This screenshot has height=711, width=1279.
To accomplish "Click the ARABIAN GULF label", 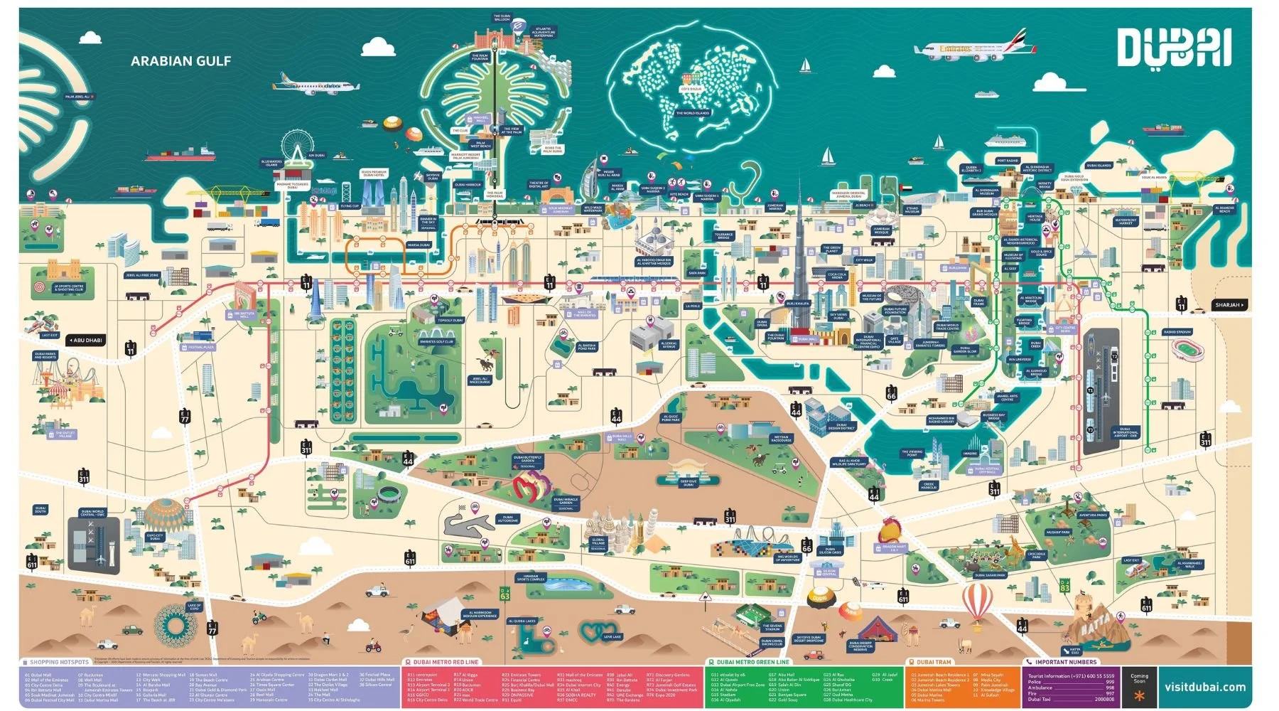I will tap(180, 61).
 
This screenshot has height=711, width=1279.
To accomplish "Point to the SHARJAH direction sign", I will tap(1229, 305).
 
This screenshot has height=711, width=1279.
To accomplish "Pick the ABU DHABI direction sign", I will tap(86, 341).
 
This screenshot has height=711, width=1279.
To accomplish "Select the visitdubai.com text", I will tap(1204, 687).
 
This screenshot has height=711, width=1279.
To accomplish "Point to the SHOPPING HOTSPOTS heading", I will tap(59, 662).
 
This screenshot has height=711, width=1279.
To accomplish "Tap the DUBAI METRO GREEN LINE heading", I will tap(752, 662).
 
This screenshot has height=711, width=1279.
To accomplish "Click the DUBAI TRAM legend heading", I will tap(933, 662).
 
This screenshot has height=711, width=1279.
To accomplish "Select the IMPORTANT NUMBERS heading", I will tap(1065, 662).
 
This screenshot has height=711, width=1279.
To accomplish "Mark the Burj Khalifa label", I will tap(798, 304).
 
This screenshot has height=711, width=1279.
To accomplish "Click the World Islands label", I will tap(692, 113).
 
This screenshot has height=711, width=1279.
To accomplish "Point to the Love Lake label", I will tap(612, 637).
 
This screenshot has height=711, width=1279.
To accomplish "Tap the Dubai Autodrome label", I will tap(507, 519).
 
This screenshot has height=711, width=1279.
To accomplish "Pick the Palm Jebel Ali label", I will tap(77, 97).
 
